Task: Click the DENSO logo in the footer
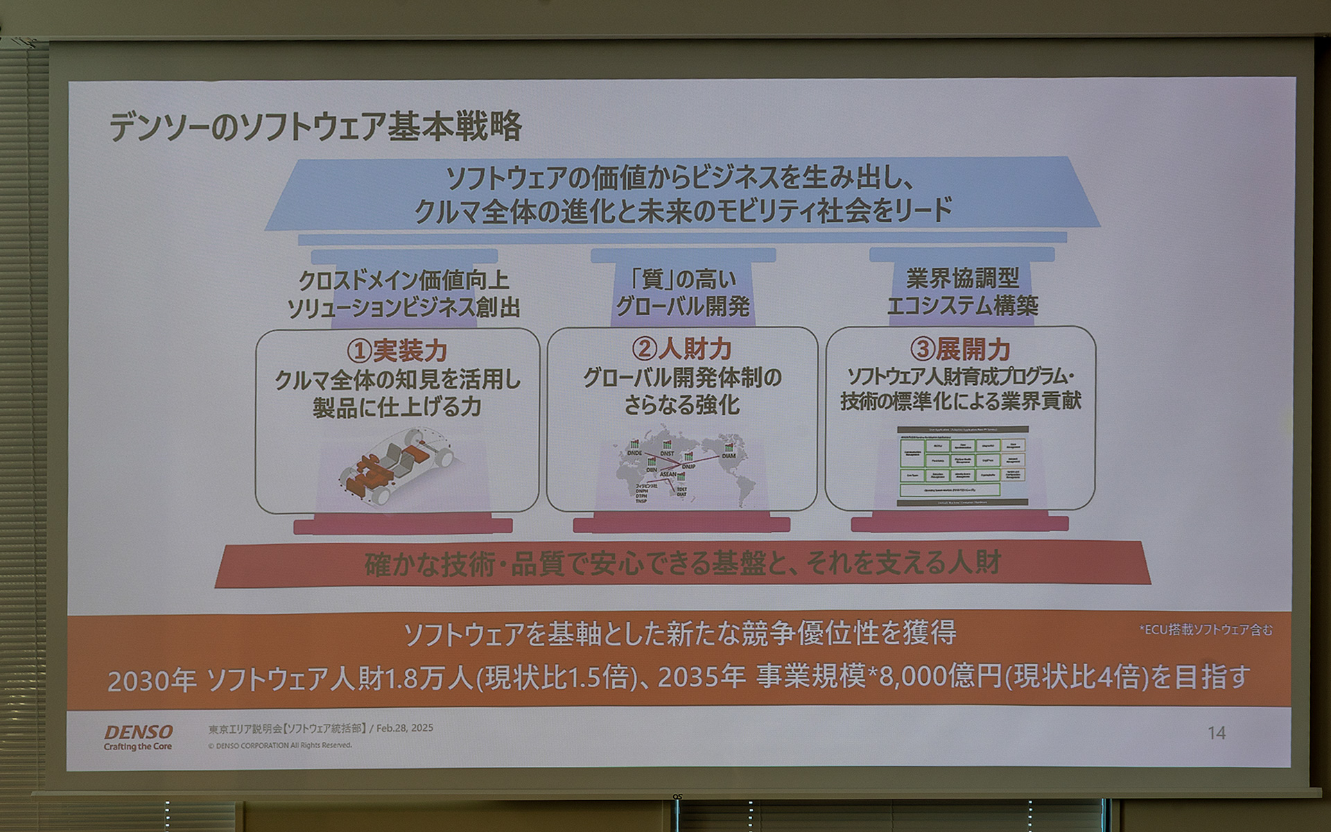[x=139, y=731]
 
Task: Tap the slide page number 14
[x=1216, y=733]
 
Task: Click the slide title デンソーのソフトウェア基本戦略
[x=315, y=127]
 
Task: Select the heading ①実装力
[x=397, y=351]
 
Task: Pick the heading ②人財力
[x=681, y=349]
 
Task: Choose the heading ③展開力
[x=960, y=349]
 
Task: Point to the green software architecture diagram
[x=962, y=465]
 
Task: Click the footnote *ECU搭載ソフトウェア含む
[x=1206, y=630]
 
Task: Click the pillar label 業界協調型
[x=962, y=279]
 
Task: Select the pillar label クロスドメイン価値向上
[x=403, y=281]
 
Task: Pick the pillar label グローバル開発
[x=683, y=306]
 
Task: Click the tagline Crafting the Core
[x=138, y=747]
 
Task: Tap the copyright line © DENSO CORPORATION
[x=280, y=745]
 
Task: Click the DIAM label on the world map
[x=729, y=456]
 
